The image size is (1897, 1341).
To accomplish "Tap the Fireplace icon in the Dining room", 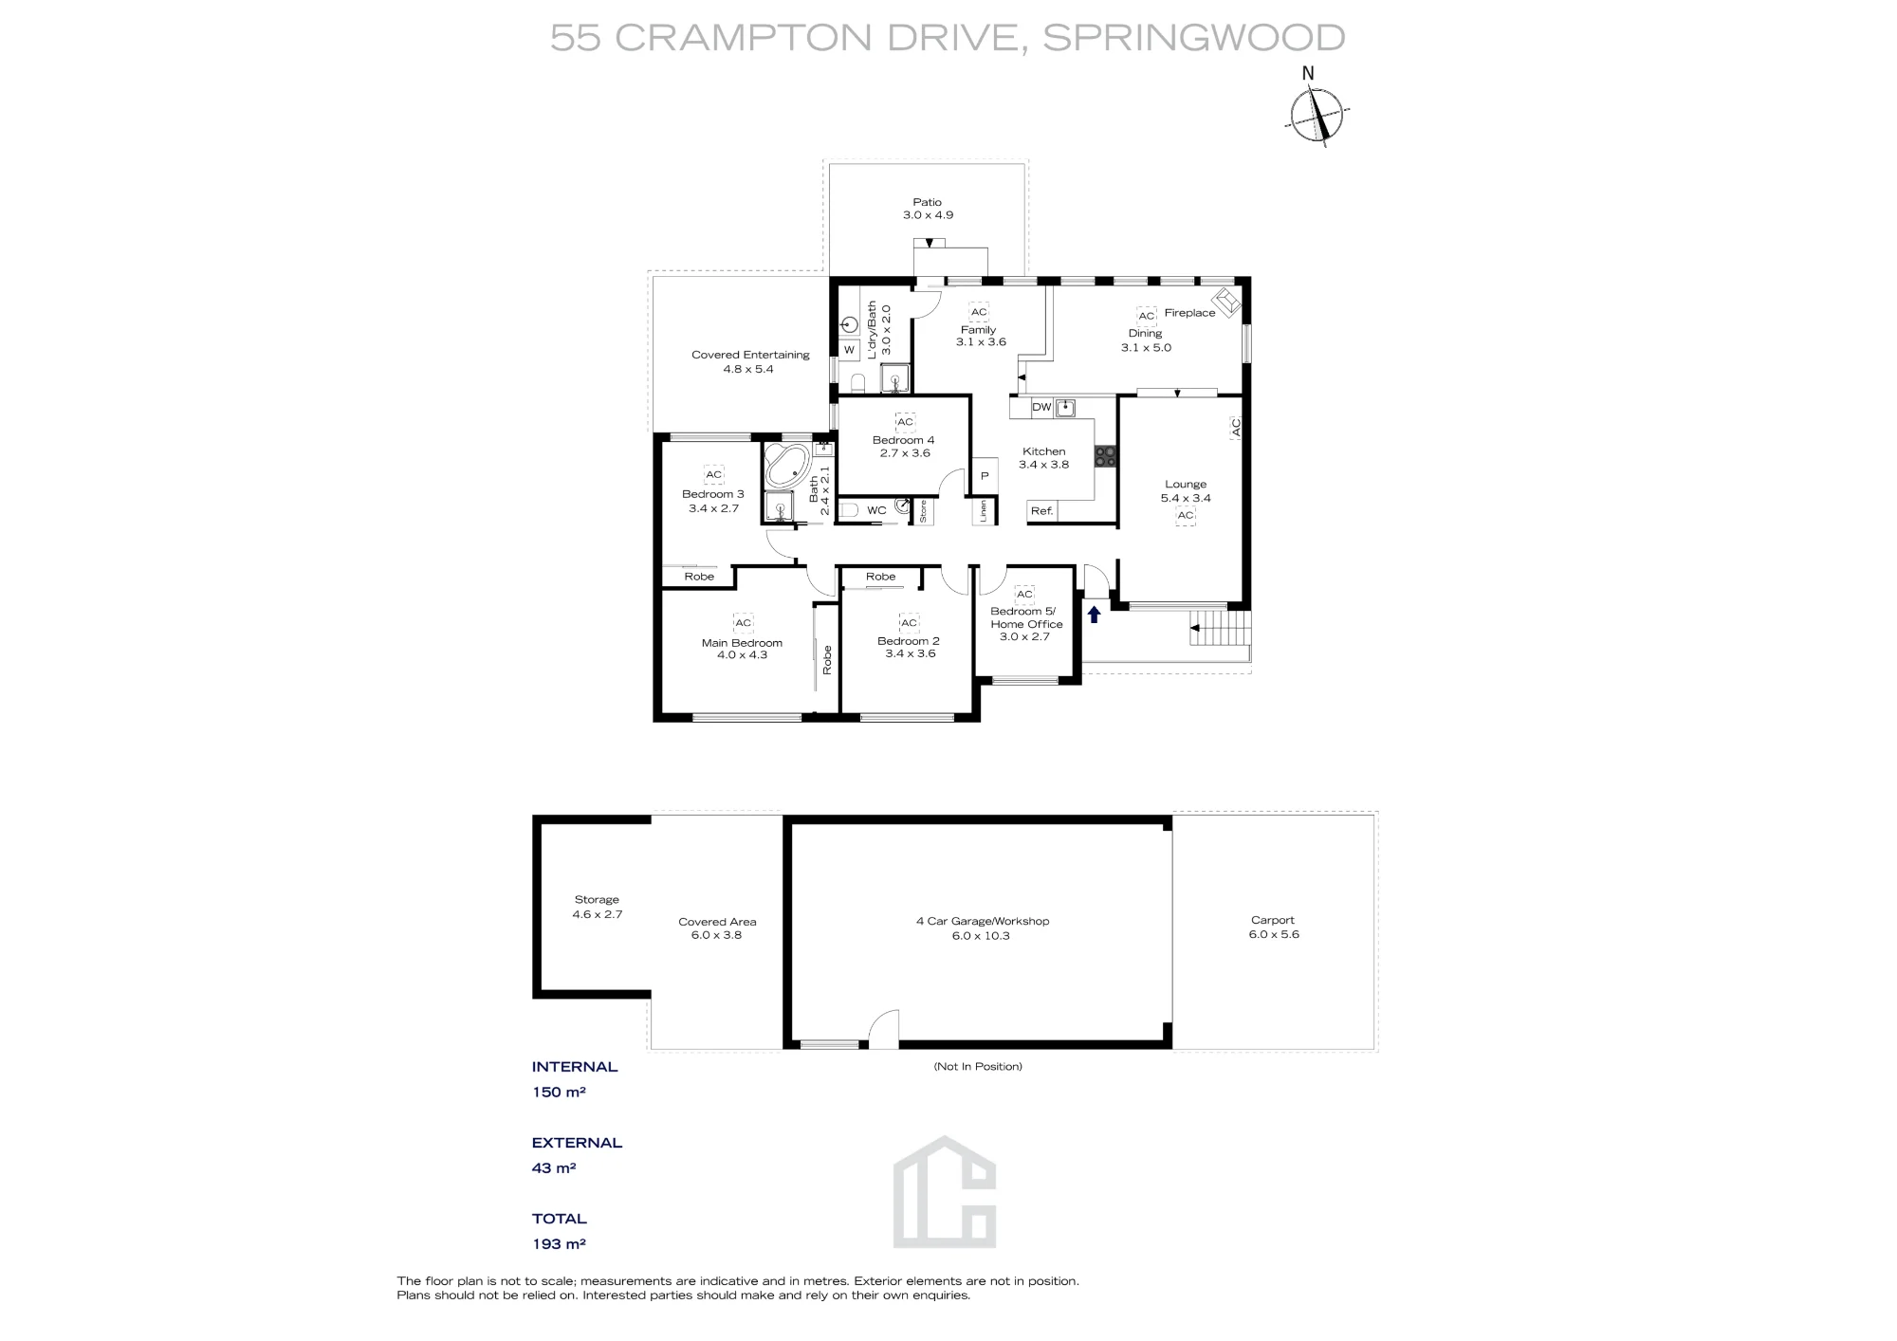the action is (1228, 302).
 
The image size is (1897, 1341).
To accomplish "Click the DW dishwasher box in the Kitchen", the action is (1041, 408).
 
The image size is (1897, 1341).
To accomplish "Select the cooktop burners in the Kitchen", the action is (1105, 456).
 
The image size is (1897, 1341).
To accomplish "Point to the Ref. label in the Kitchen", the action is (1041, 511).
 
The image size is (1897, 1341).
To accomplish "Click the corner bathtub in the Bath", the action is (786, 464).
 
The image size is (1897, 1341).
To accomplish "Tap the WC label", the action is (876, 510).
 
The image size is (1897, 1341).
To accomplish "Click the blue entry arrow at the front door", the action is (1094, 615).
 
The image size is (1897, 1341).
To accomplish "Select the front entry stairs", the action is (1220, 628).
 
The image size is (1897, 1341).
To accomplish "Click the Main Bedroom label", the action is (742, 643).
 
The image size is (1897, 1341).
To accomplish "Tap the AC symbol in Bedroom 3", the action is (713, 475).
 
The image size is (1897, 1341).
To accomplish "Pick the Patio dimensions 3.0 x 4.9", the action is (928, 215).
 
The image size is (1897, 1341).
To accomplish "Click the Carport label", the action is (1273, 920).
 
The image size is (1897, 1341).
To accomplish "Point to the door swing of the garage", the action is (884, 1028).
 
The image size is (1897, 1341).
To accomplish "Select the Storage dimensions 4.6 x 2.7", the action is (597, 914).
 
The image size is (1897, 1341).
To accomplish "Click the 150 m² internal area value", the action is (559, 1092).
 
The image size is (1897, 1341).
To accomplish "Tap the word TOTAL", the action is (560, 1219).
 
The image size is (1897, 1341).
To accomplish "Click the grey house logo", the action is (945, 1191).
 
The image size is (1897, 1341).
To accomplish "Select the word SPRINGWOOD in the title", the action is (1193, 38).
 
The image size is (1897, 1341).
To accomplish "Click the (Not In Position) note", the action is (978, 1066).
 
